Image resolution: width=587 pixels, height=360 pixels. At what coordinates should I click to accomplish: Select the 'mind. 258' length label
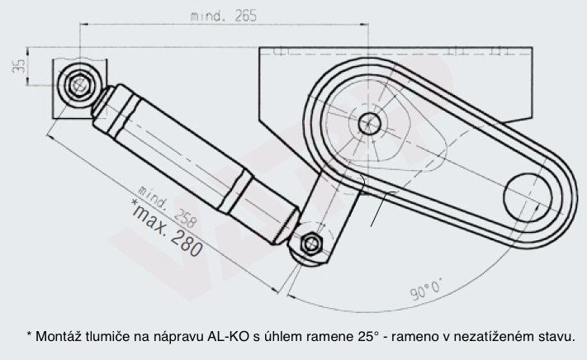[168, 205]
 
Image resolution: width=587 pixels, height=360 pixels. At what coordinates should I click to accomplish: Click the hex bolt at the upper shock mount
[79, 83]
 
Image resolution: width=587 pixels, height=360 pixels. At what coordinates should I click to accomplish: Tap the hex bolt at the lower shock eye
[311, 244]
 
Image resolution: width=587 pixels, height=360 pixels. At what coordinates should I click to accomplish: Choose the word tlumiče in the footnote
[102, 336]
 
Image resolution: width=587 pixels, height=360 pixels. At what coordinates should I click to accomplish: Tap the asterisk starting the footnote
[29, 334]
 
